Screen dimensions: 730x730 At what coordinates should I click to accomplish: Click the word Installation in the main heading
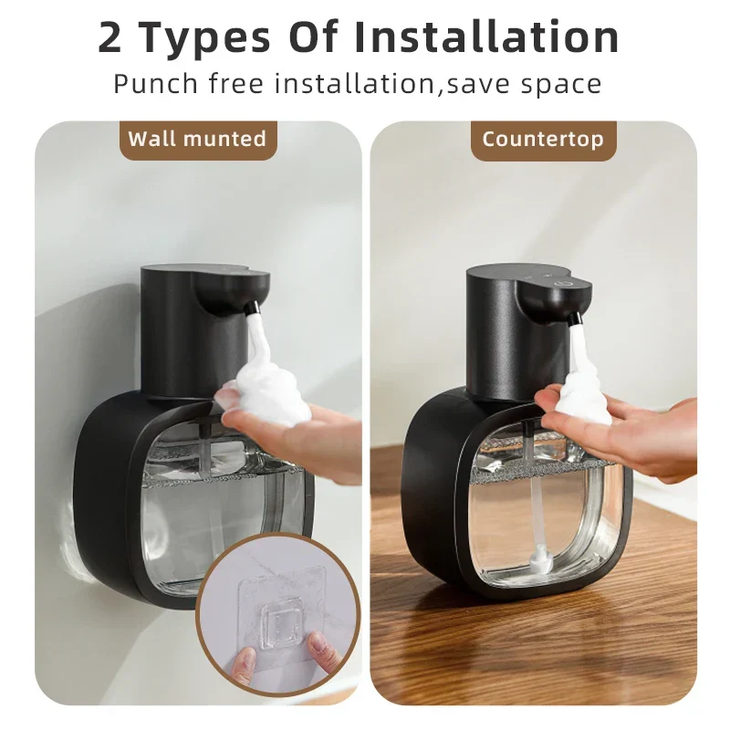click(x=486, y=37)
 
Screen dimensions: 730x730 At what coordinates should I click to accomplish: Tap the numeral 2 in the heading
click(x=110, y=38)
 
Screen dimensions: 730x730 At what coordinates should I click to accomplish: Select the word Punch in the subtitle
click(x=156, y=84)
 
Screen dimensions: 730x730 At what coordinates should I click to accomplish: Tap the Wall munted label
click(x=197, y=139)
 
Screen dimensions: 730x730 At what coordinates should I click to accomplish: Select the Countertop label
click(x=543, y=139)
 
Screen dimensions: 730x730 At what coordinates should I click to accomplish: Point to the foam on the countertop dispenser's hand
click(x=585, y=396)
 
